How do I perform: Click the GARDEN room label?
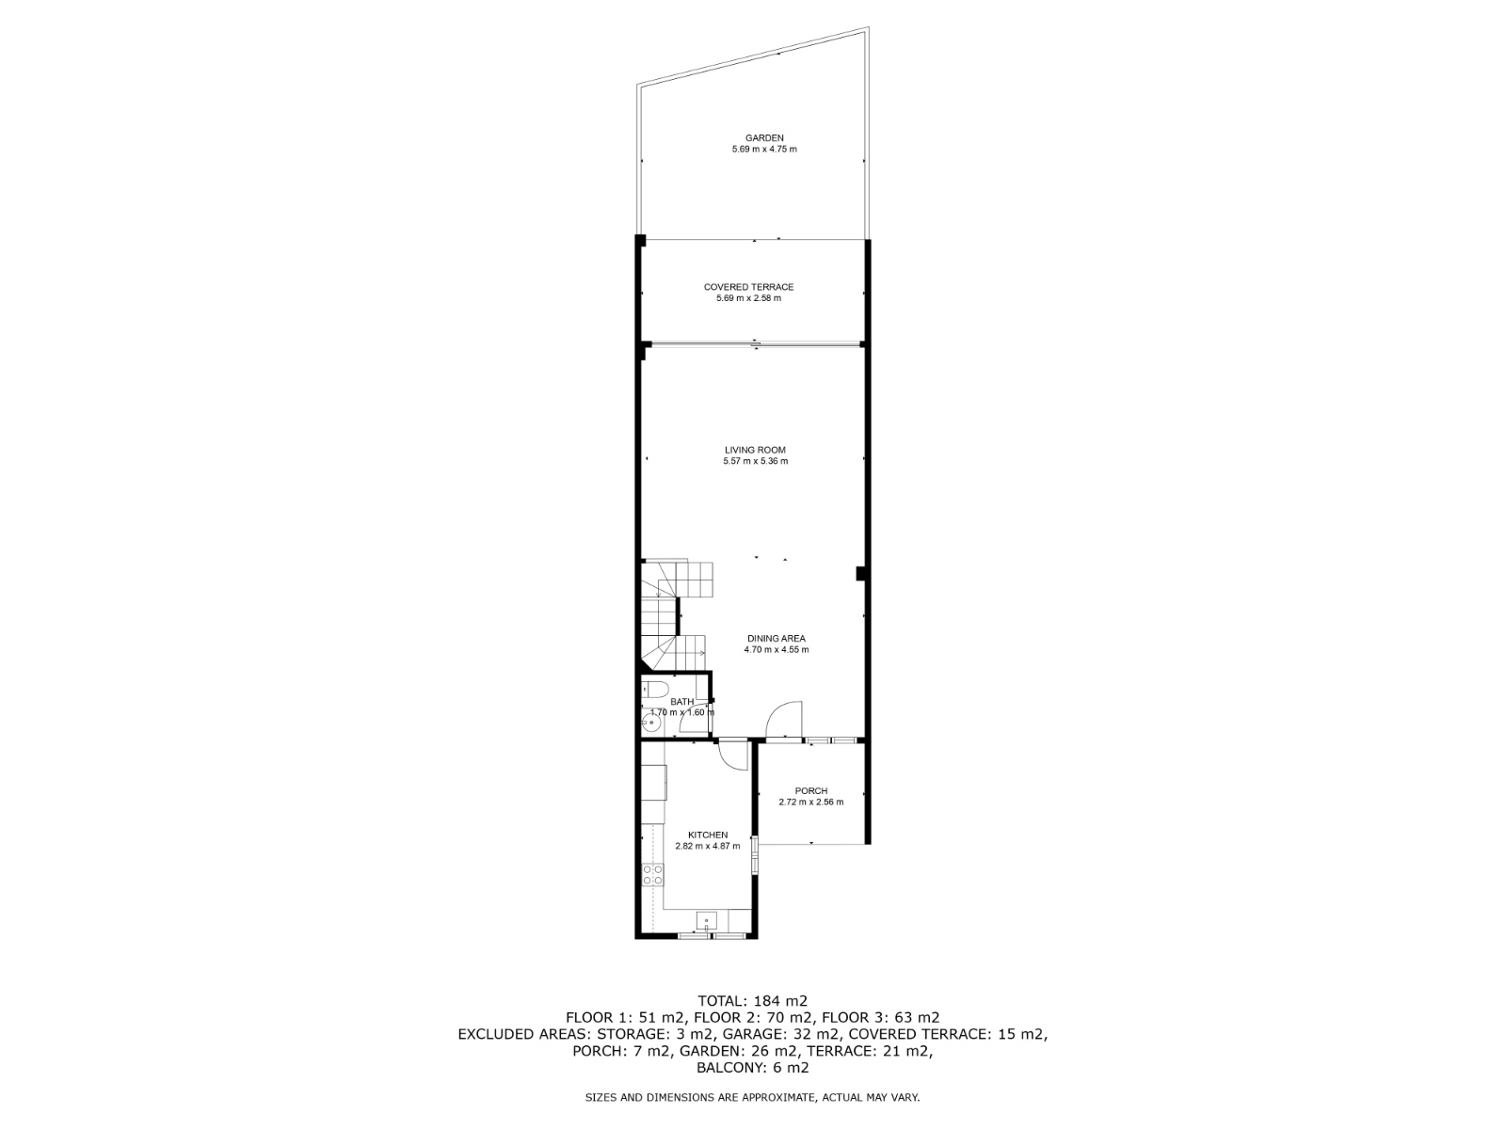click(764, 137)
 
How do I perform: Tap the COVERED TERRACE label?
click(748, 287)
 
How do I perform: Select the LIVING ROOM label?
click(755, 451)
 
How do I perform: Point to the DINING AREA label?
click(776, 639)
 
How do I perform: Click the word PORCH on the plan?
click(811, 791)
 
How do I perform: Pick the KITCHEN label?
click(708, 835)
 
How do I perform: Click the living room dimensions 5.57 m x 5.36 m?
click(755, 461)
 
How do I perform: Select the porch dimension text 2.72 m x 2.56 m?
click(811, 802)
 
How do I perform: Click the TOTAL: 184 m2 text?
click(752, 1001)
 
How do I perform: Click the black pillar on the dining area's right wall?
click(860, 574)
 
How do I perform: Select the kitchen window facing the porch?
click(756, 855)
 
